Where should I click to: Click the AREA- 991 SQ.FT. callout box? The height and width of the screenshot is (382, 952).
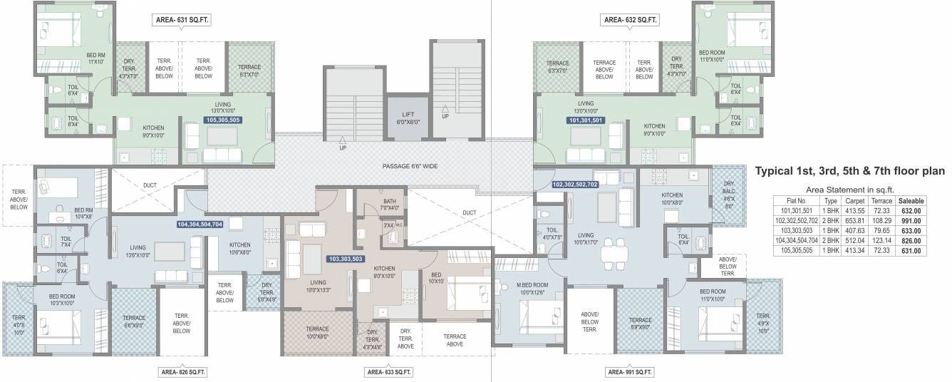coord(629,372)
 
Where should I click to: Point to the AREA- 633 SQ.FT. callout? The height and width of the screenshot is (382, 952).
coord(388,372)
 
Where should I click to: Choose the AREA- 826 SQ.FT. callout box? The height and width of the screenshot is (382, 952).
coord(182,372)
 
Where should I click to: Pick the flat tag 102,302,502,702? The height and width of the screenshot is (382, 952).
coord(575,184)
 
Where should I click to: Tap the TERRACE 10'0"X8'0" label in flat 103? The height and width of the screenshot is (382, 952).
coord(317,333)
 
